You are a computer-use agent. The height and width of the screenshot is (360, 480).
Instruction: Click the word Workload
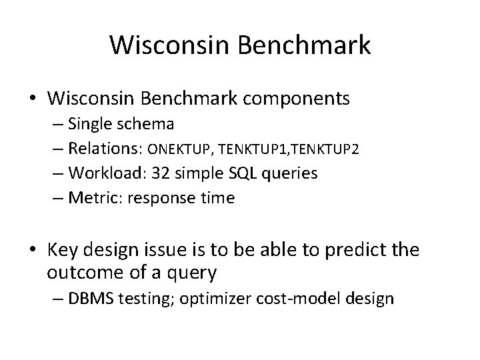click(x=109, y=173)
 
